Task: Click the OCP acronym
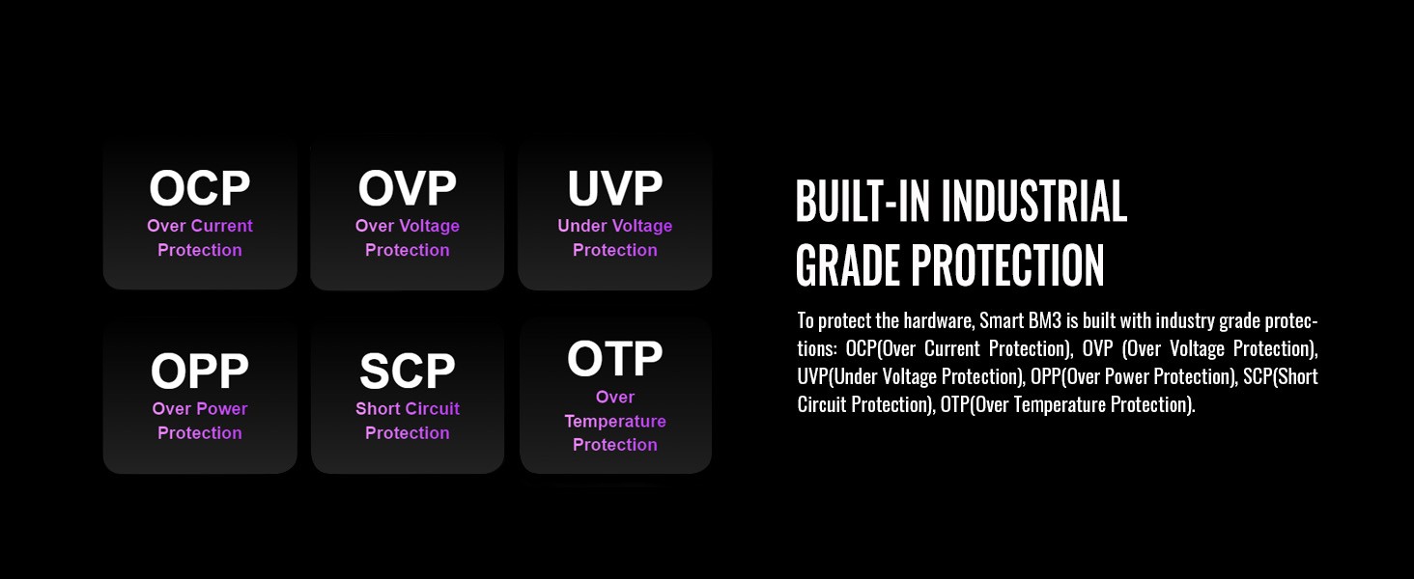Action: click(x=200, y=188)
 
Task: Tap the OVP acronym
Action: click(x=408, y=188)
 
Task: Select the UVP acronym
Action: click(x=615, y=188)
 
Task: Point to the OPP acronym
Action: click(x=200, y=371)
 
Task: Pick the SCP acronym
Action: click(x=408, y=371)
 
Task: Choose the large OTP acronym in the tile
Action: click(x=615, y=359)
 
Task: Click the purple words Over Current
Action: click(x=200, y=226)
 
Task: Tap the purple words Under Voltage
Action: click(x=615, y=226)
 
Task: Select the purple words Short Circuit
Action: click(x=408, y=409)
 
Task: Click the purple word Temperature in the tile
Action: click(x=615, y=422)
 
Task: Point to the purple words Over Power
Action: click(x=200, y=409)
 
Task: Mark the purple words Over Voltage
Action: click(x=408, y=226)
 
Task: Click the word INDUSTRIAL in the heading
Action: click(x=1034, y=201)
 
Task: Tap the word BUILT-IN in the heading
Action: click(x=863, y=201)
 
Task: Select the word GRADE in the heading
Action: click(x=848, y=265)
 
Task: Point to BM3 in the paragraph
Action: click(x=1045, y=321)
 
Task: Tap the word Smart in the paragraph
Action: click(x=1002, y=321)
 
